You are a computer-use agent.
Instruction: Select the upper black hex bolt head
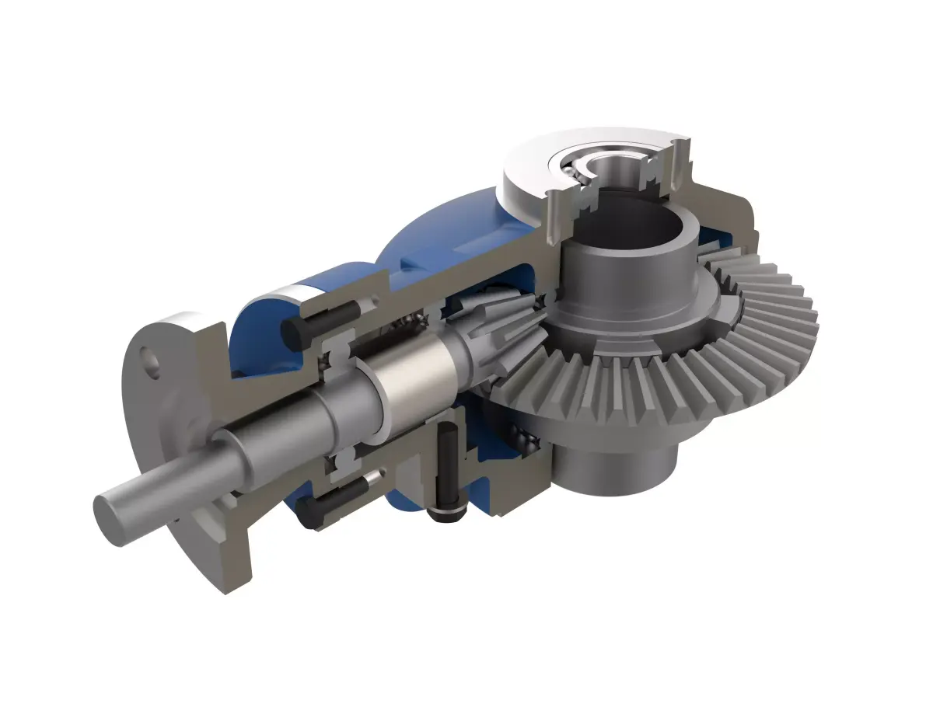tap(293, 333)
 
